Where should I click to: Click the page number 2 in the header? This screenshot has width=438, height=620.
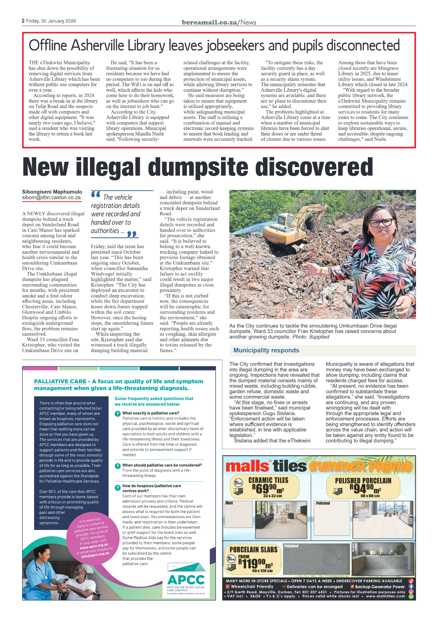[23, 21]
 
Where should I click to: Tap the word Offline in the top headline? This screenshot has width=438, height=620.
[48, 45]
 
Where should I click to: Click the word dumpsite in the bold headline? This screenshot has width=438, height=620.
[198, 167]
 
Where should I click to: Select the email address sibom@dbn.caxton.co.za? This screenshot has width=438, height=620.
[51, 198]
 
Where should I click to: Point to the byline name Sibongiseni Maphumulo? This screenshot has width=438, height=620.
[52, 192]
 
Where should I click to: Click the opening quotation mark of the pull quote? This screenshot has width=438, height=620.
[96, 194]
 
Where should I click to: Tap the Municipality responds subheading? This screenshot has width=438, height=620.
[266, 350]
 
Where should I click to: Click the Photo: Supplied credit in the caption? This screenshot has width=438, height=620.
[311, 337]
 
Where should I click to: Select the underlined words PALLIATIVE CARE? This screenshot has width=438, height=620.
[60, 381]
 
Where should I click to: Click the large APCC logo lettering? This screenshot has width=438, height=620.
[186, 580]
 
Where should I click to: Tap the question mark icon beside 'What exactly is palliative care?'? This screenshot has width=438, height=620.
[118, 414]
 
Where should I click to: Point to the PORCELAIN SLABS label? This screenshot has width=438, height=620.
[253, 549]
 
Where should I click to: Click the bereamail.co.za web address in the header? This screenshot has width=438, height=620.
[209, 22]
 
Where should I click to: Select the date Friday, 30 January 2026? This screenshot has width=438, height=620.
[51, 21]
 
